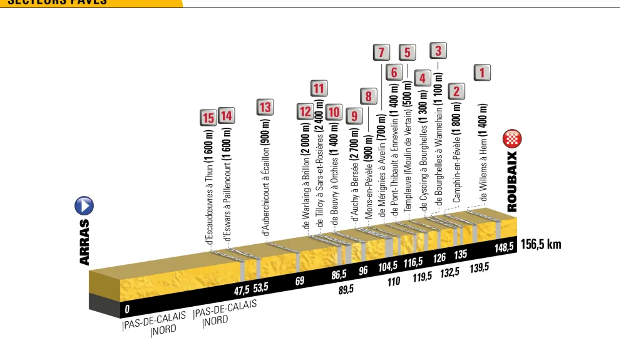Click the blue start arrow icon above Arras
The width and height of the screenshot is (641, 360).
pyautogui.click(x=84, y=205)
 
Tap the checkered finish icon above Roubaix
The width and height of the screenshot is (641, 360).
pyautogui.click(x=512, y=140)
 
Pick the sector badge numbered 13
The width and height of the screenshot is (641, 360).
pyautogui.click(x=265, y=107)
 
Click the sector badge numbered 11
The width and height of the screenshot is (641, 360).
pyautogui.click(x=319, y=88)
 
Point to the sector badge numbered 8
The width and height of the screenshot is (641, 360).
pyautogui.click(x=369, y=96)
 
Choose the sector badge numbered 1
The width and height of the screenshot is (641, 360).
pyautogui.click(x=481, y=73)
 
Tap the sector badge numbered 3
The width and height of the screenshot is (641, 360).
pyautogui.click(x=438, y=51)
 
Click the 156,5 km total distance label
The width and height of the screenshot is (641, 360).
pyautogui.click(x=541, y=244)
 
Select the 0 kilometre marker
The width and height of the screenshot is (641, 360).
pyautogui.click(x=127, y=308)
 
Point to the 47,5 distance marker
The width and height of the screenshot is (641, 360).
pyautogui.click(x=242, y=290)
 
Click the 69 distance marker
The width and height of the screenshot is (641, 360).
pyautogui.click(x=300, y=281)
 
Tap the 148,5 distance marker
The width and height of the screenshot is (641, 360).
pyautogui.click(x=504, y=247)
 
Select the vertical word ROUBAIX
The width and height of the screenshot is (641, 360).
pyautogui.click(x=512, y=180)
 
